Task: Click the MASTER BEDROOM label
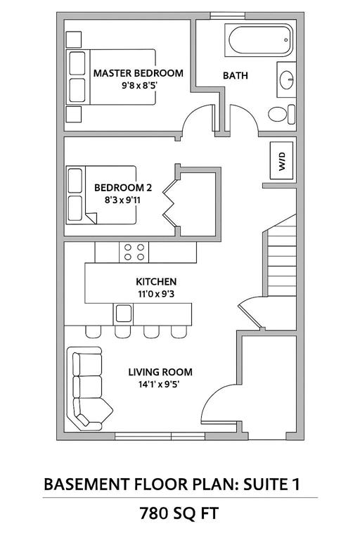[x=138, y=73]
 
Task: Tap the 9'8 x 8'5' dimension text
[x=139, y=85]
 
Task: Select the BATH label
[x=236, y=75]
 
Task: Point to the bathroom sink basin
[x=286, y=80]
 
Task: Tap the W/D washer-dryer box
[x=282, y=160]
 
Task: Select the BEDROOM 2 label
[x=123, y=188]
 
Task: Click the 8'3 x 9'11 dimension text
[x=122, y=200]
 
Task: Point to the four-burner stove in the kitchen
[x=134, y=252]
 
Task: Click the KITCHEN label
[x=156, y=282]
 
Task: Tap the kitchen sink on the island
[x=123, y=314]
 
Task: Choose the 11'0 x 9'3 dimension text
[x=156, y=294]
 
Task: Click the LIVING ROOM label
[x=160, y=372]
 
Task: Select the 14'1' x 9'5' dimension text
[x=159, y=384]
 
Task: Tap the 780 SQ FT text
[x=179, y=513]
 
